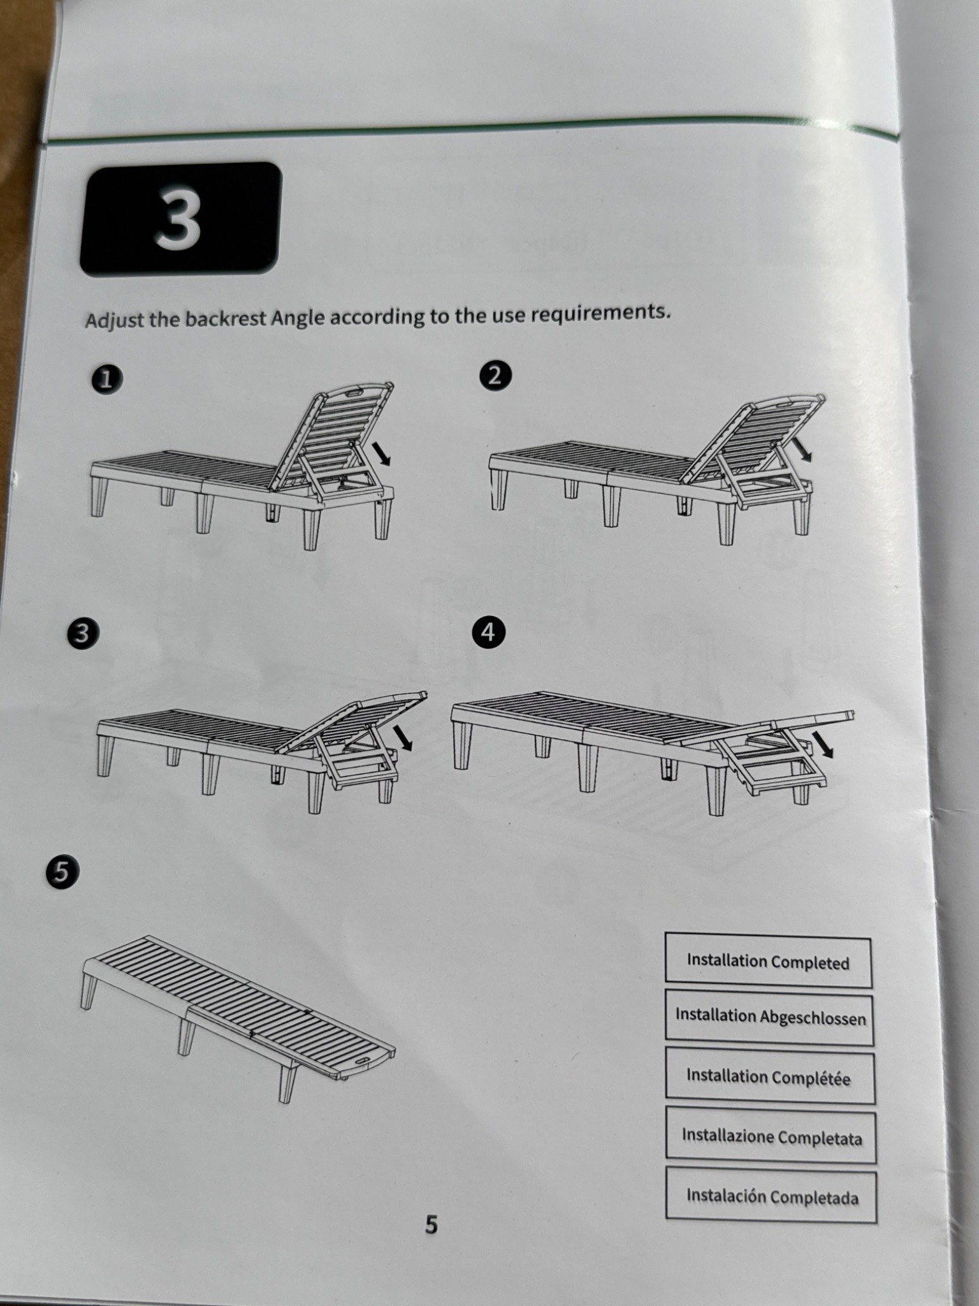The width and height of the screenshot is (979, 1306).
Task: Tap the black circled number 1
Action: [108, 380]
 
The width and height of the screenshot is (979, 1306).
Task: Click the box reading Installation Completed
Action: [768, 962]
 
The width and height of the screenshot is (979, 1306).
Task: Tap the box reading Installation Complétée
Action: [770, 1078]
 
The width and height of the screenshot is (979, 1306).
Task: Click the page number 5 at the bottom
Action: [431, 1225]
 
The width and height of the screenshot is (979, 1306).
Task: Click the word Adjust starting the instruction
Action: [114, 320]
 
